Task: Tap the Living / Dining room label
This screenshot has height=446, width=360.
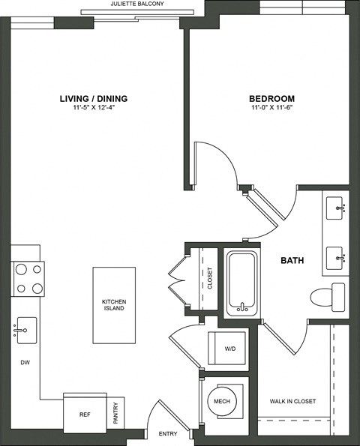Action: (94, 98)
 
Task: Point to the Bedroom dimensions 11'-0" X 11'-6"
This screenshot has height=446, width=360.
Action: (271, 109)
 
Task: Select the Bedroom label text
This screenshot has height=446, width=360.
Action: (271, 98)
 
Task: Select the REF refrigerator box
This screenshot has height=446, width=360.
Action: (85, 413)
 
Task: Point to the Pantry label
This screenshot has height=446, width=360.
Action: (115, 415)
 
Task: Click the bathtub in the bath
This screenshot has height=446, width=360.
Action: (242, 284)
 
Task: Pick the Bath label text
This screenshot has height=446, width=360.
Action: (292, 260)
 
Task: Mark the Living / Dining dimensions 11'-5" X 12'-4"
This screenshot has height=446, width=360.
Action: (94, 109)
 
